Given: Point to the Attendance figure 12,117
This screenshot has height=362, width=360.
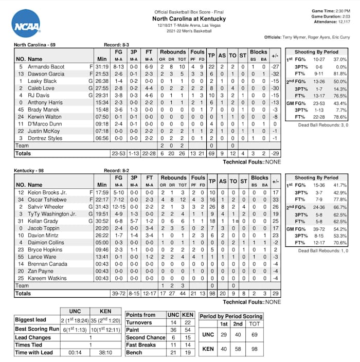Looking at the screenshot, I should pos(344,22).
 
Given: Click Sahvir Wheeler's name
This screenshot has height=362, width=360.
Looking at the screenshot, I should pos(47,207).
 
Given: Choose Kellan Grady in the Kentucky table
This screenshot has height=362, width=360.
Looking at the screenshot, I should pos(44,221).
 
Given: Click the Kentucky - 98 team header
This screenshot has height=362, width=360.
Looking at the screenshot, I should pos(33,170).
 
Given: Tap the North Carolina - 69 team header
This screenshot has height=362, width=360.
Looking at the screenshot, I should pos(34,45).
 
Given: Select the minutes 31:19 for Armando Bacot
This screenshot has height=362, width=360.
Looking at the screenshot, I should pos(102,67).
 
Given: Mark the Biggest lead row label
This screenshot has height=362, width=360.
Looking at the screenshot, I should pos(31,319).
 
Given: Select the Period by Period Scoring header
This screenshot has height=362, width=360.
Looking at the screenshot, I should pos(231,316).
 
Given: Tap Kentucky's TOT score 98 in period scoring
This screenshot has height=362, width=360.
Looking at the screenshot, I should pos(255,349).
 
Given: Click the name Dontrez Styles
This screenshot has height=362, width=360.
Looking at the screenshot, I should pos(45,139).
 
